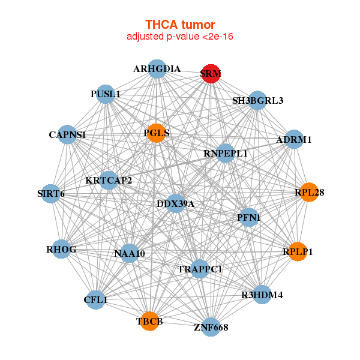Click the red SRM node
(211, 73)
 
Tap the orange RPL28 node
(309, 193)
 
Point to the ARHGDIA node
(157, 69)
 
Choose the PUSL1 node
(106, 94)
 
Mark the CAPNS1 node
(67, 135)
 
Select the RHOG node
(62, 248)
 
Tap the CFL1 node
(96, 299)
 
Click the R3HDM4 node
(262, 295)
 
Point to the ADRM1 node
(293, 139)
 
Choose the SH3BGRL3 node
(258, 100)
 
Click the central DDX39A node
(176, 204)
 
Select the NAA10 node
(130, 253)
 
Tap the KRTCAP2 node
(109, 179)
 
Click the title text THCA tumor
(180, 25)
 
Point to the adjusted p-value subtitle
(180, 37)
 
